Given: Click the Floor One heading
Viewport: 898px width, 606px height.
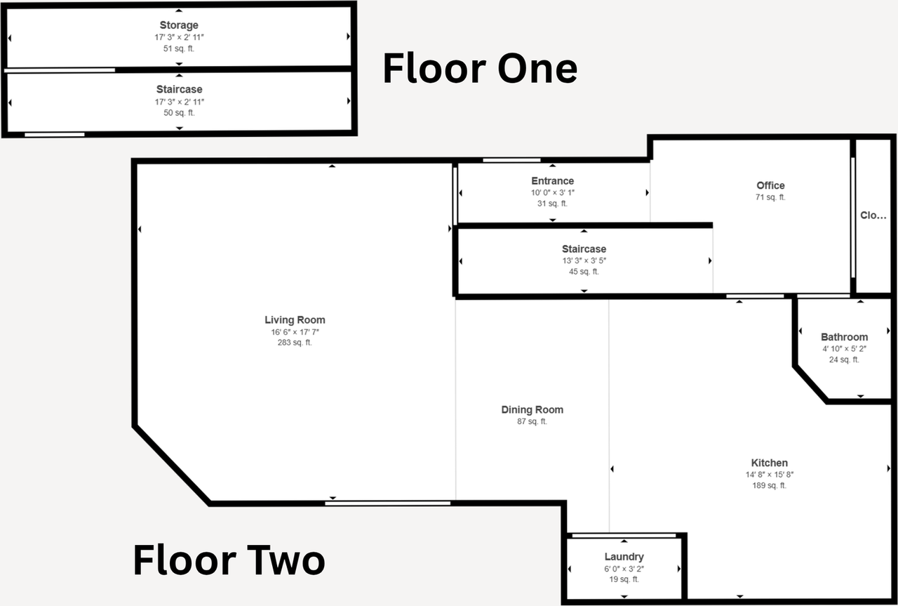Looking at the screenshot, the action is click(480, 68).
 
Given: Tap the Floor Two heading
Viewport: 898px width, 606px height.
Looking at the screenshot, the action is click(229, 560).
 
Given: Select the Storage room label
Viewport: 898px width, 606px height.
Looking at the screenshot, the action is click(179, 25).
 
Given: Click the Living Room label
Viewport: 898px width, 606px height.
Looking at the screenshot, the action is click(295, 320).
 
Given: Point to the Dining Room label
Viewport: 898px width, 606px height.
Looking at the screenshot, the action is click(532, 410).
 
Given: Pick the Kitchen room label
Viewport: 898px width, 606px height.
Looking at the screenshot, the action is click(770, 463).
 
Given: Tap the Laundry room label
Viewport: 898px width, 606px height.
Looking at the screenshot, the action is click(624, 557).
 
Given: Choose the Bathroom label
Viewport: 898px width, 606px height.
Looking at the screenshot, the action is click(844, 337).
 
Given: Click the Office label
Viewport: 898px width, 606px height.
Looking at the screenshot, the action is click(770, 185).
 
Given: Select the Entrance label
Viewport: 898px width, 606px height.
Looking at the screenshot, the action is click(552, 181).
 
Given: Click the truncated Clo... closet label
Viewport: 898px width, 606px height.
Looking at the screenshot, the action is click(873, 216).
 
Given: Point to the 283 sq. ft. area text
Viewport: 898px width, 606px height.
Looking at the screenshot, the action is click(295, 343).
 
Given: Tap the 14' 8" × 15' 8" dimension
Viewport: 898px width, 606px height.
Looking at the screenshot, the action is click(770, 475).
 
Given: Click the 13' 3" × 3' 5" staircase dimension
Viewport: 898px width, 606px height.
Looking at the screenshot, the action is click(584, 261).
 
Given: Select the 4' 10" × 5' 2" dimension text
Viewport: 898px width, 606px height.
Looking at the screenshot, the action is click(844, 349).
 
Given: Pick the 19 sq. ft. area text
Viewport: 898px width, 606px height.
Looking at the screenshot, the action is click(624, 579).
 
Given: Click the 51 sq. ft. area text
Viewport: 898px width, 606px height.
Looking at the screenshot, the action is click(179, 48).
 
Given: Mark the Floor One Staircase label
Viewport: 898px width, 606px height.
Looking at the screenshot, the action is click(179, 89).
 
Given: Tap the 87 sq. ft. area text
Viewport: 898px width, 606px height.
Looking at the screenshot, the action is click(532, 421).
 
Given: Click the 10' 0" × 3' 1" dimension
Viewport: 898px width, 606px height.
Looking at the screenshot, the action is click(552, 192).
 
